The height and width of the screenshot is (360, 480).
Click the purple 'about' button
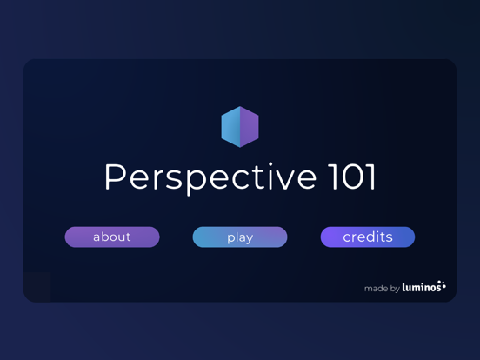click(x=112, y=237)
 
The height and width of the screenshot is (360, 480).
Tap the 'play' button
click(x=240, y=237)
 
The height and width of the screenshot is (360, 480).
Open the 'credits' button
click(x=368, y=237)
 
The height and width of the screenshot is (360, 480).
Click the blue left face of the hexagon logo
click(x=230, y=127)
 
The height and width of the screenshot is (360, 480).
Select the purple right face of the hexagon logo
click(x=250, y=127)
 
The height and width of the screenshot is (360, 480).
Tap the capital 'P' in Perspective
click(x=116, y=177)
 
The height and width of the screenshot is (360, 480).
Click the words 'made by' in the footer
click(x=382, y=288)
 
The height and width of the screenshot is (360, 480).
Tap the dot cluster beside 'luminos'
click(x=442, y=284)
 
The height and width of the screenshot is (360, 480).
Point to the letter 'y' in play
click(x=249, y=238)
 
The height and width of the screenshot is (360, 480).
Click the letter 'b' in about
click(x=106, y=236)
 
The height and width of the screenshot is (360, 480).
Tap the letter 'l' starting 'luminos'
click(x=404, y=287)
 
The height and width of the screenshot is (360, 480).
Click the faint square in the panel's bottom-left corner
click(x=37, y=287)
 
